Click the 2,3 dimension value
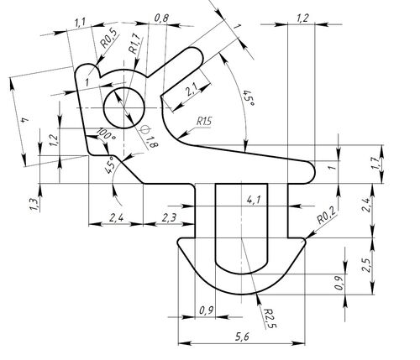pyautogui.click(x=168, y=218)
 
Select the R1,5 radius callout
pyautogui.click(x=204, y=124)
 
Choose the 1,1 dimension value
pyautogui.click(x=81, y=23)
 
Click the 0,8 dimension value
pyautogui.click(x=162, y=18)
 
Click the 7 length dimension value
pyautogui.click(x=26, y=123)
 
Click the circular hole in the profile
pyautogui.click(x=124, y=107)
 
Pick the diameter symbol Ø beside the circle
pyautogui.click(x=144, y=128)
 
